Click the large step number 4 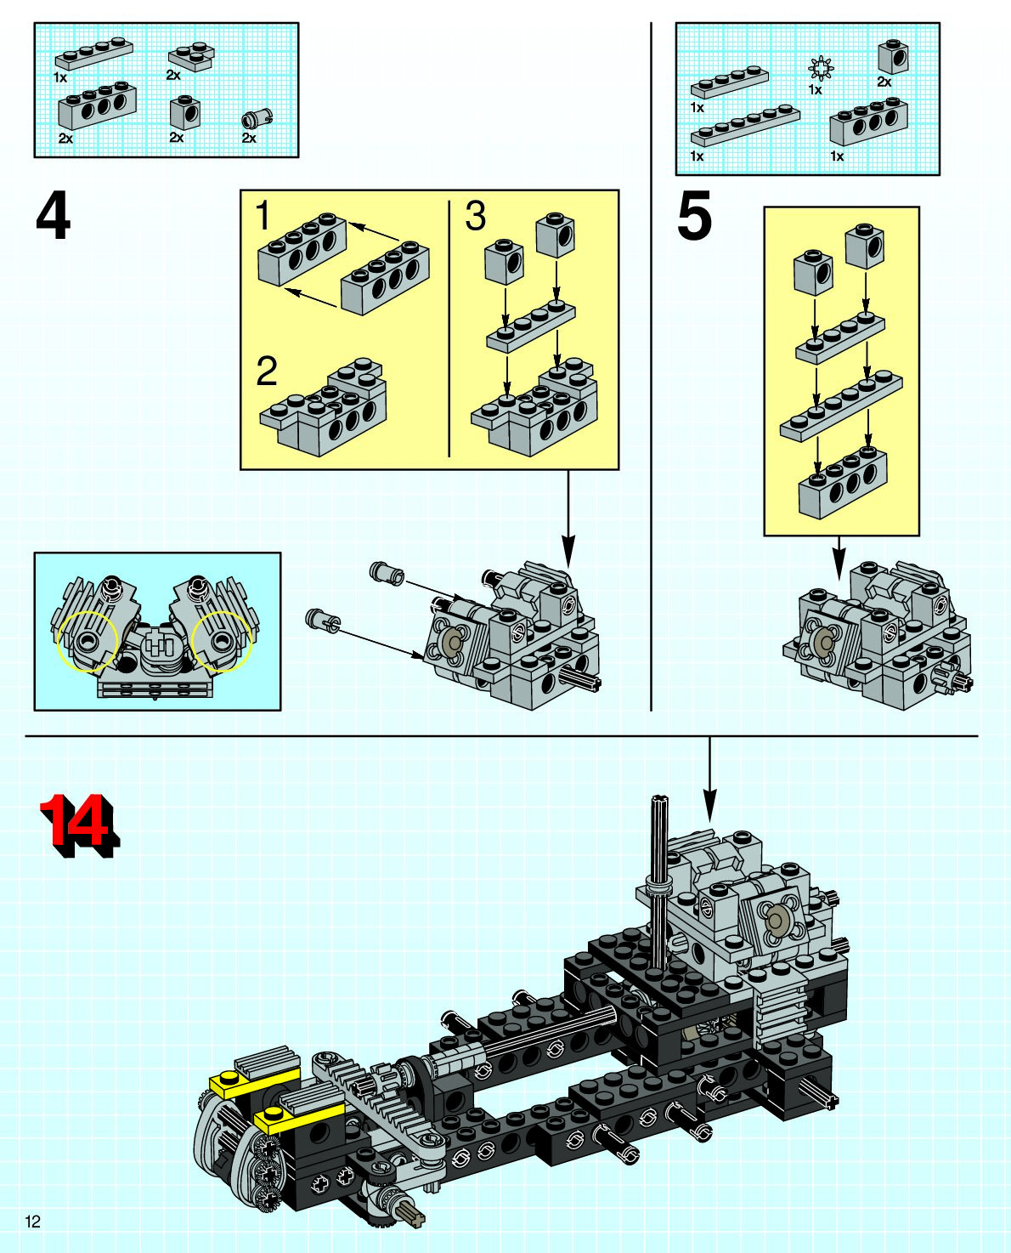[53, 218]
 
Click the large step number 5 [694, 218]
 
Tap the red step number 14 [78, 823]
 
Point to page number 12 [33, 1222]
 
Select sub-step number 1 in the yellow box [263, 216]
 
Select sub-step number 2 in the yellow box [267, 371]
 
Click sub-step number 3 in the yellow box [475, 216]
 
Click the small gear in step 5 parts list [820, 66]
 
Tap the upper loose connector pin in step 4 [387, 572]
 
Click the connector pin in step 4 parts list [252, 120]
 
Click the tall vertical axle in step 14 [658, 876]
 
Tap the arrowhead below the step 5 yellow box [839, 561]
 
